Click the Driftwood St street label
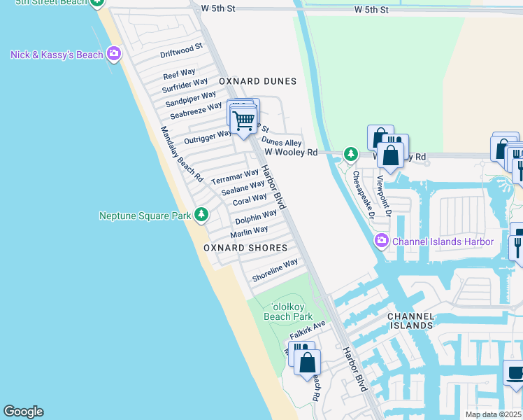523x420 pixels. (181, 50)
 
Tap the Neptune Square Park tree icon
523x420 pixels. (201, 215)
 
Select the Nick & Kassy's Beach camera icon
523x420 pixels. (114, 55)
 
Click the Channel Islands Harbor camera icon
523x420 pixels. (381, 242)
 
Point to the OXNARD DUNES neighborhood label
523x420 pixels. (257, 81)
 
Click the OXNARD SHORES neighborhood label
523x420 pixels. (245, 248)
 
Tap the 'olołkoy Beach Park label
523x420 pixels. (287, 311)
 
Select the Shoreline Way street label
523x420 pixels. (275, 270)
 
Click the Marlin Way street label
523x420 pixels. (250, 231)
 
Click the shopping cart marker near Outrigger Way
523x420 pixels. (244, 121)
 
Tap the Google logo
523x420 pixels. (23, 412)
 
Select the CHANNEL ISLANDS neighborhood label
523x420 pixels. (412, 321)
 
